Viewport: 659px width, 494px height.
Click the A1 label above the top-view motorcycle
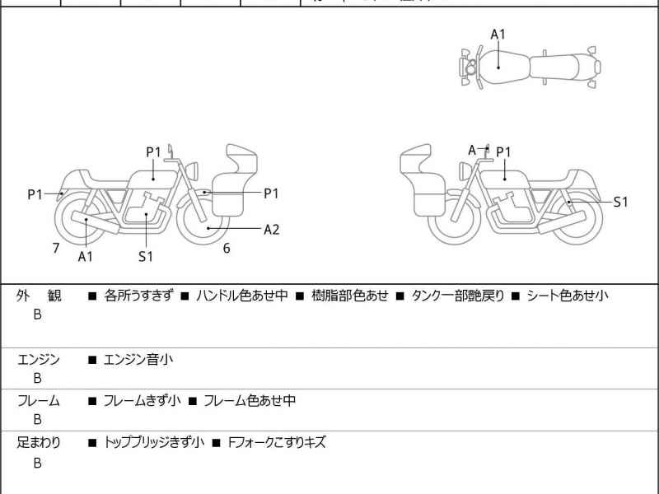(x=498, y=34)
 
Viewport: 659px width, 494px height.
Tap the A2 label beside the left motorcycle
(x=271, y=230)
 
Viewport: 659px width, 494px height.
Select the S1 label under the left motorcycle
(x=146, y=256)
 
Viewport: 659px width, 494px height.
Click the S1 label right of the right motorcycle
(x=620, y=202)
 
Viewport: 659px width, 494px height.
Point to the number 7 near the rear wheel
(x=55, y=247)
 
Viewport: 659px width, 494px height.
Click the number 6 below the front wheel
(x=227, y=248)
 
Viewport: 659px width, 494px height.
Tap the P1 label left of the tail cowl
(x=35, y=194)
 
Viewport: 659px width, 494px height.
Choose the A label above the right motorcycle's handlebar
(x=472, y=150)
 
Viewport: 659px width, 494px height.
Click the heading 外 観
(x=39, y=296)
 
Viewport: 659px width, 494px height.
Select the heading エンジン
(x=39, y=359)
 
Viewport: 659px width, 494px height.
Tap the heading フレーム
(x=39, y=401)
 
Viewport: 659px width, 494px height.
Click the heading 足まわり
(x=39, y=442)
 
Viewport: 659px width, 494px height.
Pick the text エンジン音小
(x=138, y=359)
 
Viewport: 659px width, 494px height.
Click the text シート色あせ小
(x=568, y=296)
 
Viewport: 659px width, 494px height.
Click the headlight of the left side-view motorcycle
(x=196, y=170)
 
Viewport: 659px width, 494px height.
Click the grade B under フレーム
(x=37, y=419)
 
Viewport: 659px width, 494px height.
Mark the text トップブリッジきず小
(x=154, y=442)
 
